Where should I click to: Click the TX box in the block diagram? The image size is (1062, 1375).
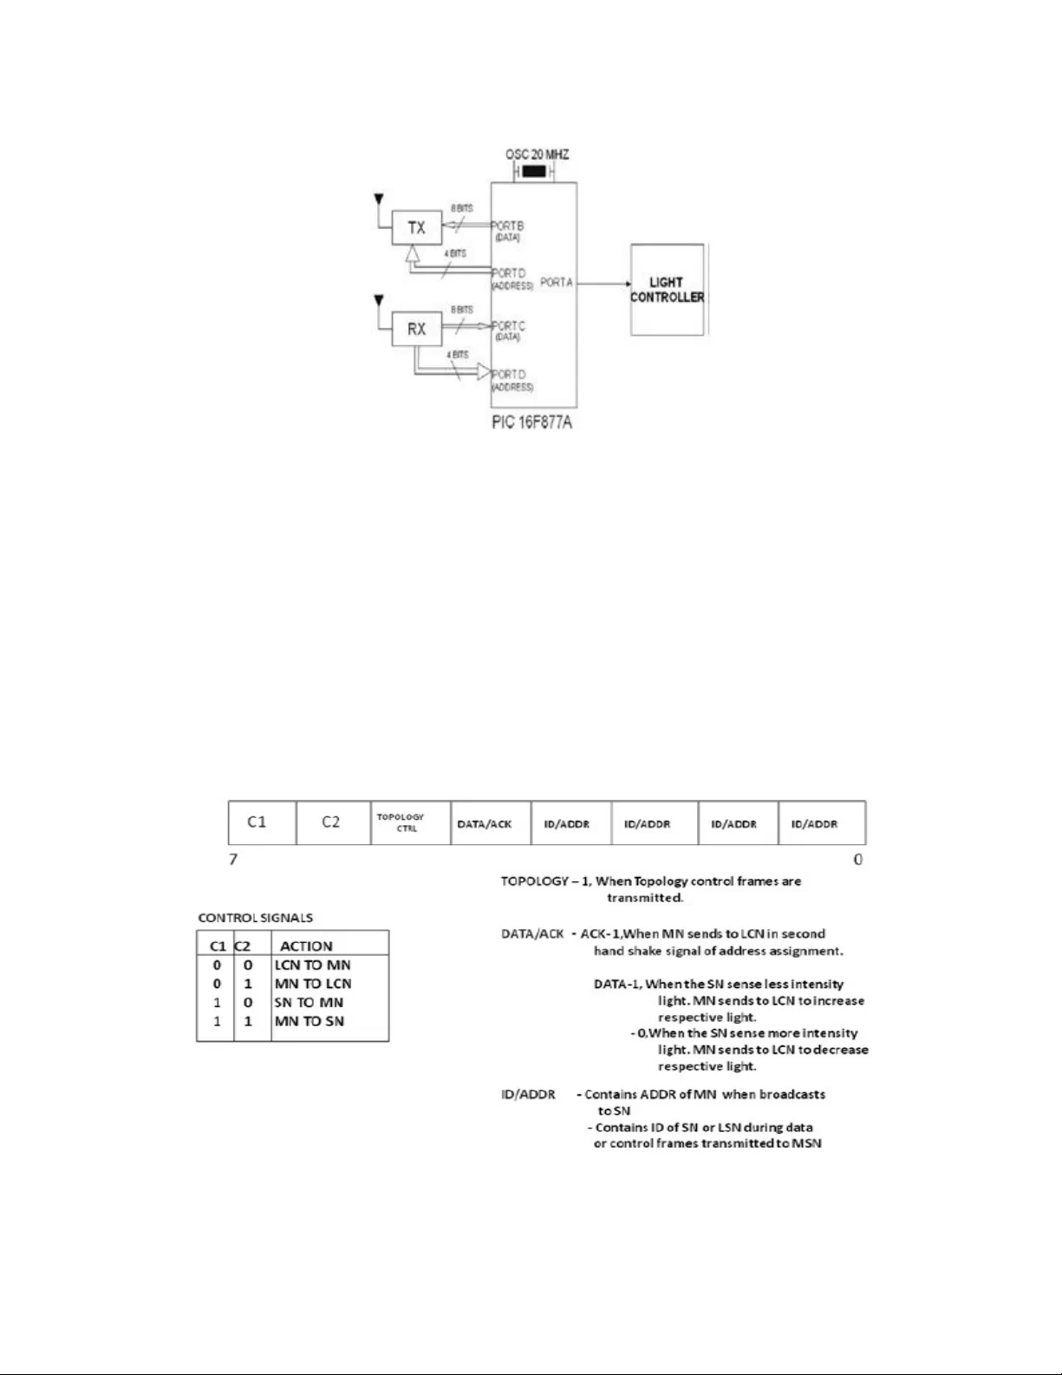pos(416,228)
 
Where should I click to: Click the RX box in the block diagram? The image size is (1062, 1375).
pos(416,330)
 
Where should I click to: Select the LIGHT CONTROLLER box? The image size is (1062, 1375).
pos(667,290)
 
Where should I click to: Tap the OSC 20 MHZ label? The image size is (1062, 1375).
pos(537,154)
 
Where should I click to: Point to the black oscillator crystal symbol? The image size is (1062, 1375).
pos(535,172)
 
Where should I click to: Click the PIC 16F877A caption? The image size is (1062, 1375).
pos(531,422)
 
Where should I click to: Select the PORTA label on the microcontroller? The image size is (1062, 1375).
pos(557,283)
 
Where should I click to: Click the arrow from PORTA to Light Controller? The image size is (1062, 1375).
pos(603,284)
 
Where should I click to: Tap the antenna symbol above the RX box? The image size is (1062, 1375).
pos(378,302)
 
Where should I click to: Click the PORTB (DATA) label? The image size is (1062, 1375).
pos(508,231)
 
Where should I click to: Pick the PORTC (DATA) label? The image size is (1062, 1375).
pos(508,331)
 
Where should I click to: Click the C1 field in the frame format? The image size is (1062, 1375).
pos(257,822)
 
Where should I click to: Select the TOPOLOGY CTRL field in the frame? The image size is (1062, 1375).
pos(401,822)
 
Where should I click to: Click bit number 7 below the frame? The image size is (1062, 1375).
pos(233,860)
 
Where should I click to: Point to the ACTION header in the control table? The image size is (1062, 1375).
pos(306,946)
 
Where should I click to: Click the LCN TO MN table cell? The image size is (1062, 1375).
pos(312,966)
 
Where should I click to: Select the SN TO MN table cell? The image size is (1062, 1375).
pos(309,1003)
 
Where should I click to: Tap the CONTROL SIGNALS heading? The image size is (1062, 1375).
pos(256,918)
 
